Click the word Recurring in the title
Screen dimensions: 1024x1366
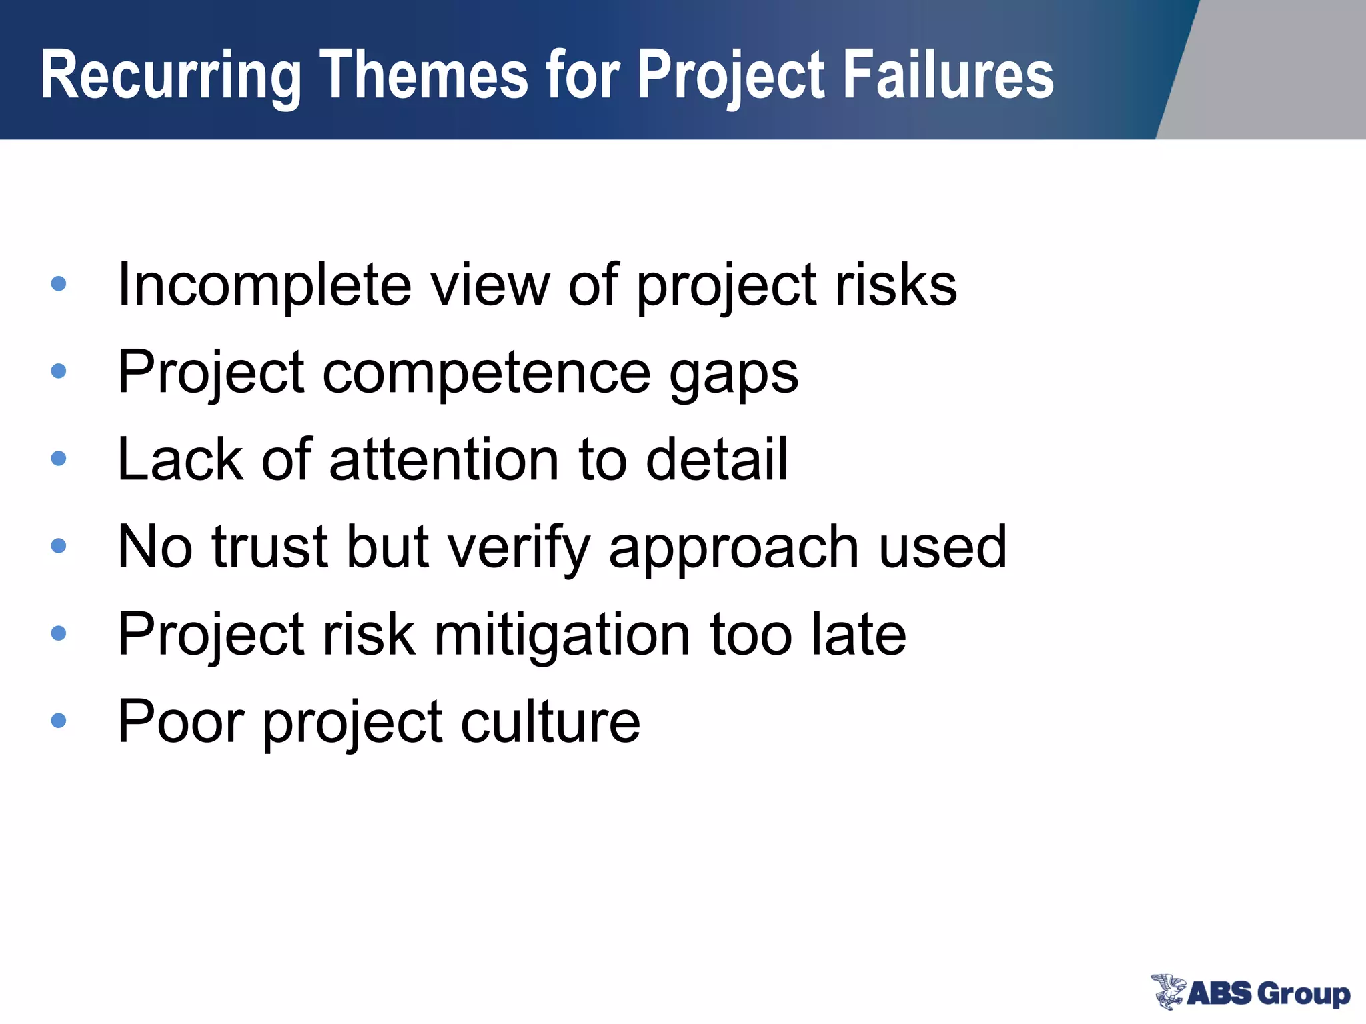pos(171,77)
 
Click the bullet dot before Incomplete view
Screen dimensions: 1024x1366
pos(59,284)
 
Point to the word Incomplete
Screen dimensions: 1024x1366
pos(264,285)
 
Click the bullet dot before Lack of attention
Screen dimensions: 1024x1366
pos(59,459)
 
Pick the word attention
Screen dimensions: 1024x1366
pos(444,460)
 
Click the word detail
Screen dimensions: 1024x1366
pos(717,460)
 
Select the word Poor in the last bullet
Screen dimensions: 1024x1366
pos(181,721)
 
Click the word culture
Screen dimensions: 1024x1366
pos(550,721)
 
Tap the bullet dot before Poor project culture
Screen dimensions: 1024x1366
pos(59,721)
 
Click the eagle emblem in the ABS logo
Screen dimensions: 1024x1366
pos(1168,991)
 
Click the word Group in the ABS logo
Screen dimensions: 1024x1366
pos(1303,994)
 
